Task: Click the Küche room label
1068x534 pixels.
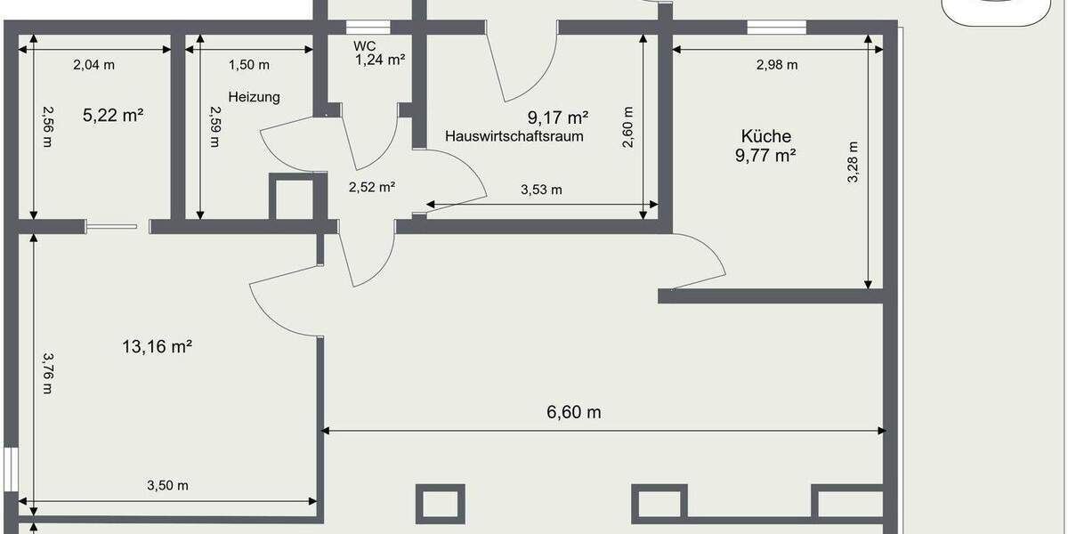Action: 766,136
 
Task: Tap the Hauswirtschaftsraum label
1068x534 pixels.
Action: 514,136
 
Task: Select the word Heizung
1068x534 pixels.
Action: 254,97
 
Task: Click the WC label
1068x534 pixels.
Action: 364,45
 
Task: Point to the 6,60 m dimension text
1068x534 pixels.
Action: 573,412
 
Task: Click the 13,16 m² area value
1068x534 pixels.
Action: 158,346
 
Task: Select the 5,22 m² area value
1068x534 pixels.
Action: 113,115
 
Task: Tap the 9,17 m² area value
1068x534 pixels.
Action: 558,117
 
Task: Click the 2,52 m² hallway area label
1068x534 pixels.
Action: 371,187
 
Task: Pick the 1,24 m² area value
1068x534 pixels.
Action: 380,61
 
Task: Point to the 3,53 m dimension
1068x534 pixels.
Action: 540,190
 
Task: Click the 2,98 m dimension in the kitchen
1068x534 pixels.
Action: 776,64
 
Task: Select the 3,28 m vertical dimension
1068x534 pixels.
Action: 853,162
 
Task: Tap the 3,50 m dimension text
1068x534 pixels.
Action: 167,485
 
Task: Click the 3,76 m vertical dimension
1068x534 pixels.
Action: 48,368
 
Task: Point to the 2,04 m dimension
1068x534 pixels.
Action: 93,64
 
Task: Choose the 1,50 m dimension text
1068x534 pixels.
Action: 249,64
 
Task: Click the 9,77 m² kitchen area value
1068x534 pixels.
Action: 766,156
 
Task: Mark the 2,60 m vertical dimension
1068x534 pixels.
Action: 628,127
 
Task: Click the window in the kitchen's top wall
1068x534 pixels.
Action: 769,27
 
